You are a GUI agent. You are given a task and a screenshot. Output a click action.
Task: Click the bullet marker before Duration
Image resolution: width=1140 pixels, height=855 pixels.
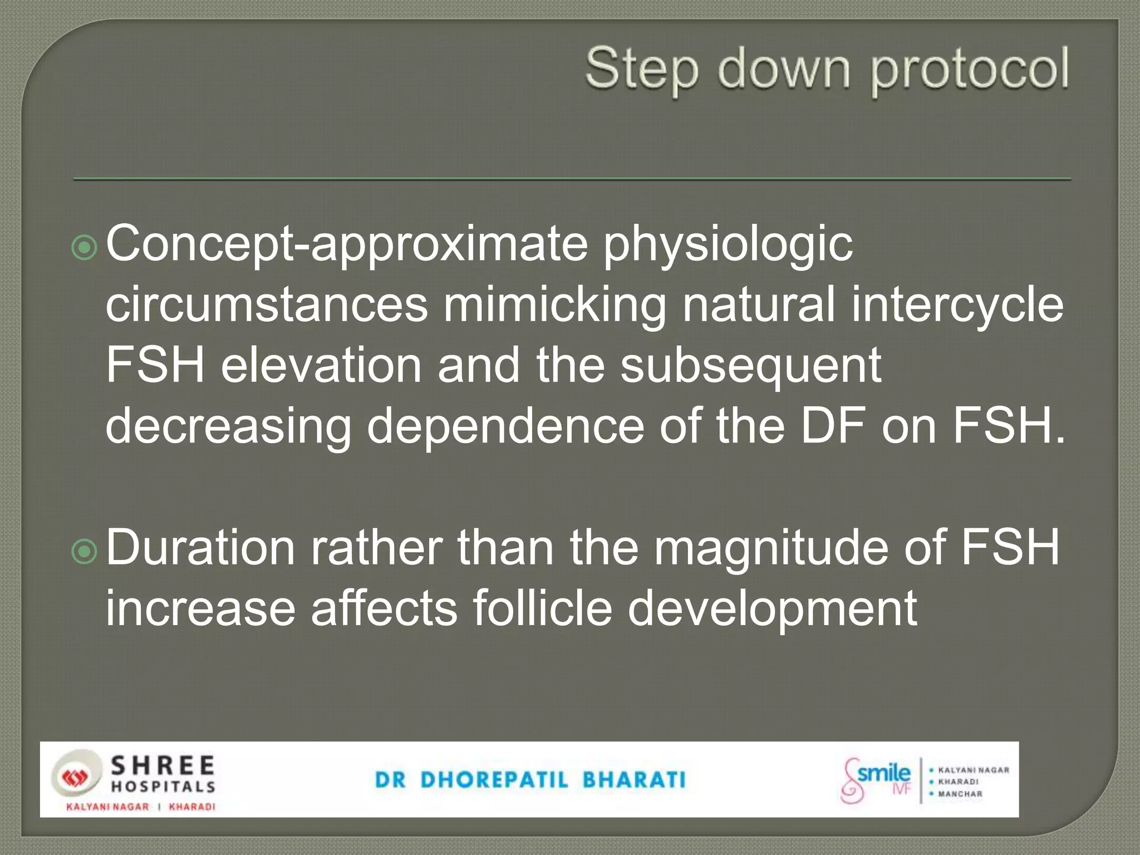click(x=85, y=551)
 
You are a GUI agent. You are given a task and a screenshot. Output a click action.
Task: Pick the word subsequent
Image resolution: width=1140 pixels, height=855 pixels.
click(x=751, y=367)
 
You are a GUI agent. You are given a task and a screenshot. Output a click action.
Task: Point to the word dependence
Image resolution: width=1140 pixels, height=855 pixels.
click(x=505, y=427)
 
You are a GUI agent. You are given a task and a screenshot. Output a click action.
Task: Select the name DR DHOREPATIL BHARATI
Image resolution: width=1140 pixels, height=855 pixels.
click(x=530, y=780)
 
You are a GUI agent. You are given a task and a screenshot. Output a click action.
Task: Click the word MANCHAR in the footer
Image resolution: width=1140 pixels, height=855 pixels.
click(x=960, y=794)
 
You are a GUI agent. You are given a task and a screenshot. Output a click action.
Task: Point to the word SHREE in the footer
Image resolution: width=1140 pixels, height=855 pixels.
click(x=163, y=766)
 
